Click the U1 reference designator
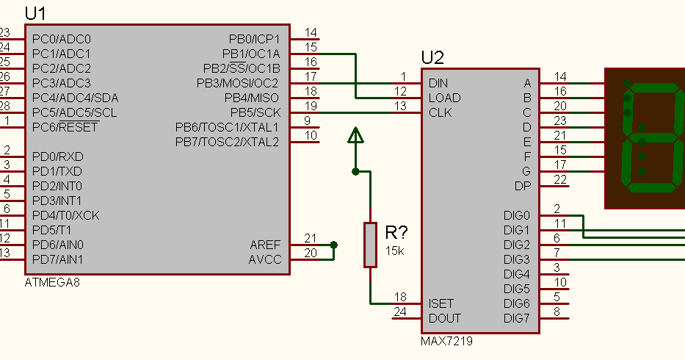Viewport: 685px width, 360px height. pos(35,13)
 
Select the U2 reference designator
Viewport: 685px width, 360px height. pos(432,58)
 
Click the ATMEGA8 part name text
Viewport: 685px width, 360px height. pos(51,283)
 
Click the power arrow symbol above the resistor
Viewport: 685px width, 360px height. pos(355,135)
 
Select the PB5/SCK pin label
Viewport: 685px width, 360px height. pos(255,112)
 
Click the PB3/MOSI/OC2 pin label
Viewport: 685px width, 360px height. pos(237,83)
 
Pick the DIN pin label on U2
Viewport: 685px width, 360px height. pos(438,83)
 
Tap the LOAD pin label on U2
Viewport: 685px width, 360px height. pos(444,98)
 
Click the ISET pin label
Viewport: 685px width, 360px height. pos(441,303)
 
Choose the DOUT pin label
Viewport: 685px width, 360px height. pos(444,318)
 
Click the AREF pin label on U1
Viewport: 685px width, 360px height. pos(264,245)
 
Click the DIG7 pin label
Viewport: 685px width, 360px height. pos(516,318)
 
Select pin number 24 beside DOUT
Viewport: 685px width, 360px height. pos(399,312)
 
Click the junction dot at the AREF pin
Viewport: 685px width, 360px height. pos(334,245)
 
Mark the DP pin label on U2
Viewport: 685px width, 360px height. pos(523,186)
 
